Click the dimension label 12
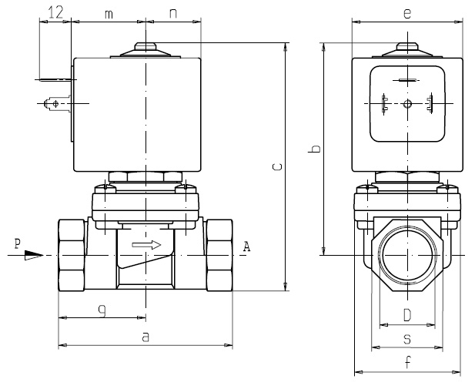(55, 12)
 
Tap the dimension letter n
(173, 13)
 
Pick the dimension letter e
(407, 12)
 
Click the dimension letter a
(145, 337)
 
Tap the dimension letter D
(407, 314)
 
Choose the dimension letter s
(407, 338)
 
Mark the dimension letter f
(407, 364)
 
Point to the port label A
(246, 246)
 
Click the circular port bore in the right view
(407, 255)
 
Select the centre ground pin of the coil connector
(407, 104)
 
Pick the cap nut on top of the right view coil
(407, 49)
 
